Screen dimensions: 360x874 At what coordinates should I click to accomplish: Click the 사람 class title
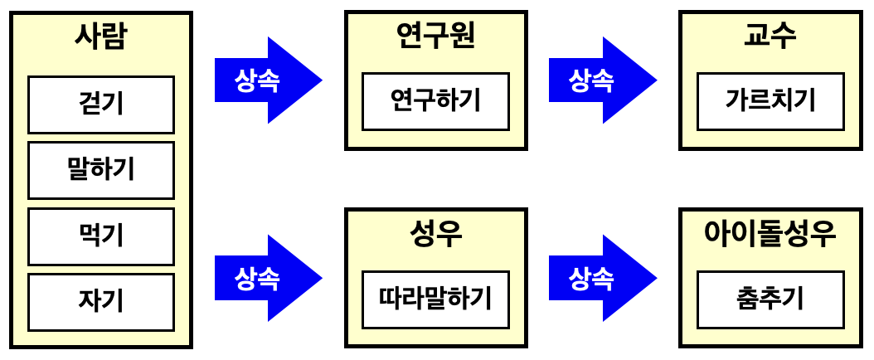[x=100, y=36]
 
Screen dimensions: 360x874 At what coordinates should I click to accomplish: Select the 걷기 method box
[x=101, y=105]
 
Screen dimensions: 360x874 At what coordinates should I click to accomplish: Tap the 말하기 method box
[x=101, y=170]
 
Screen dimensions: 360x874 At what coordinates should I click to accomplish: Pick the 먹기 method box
[x=101, y=236]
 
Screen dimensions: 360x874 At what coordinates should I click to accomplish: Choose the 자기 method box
[x=101, y=302]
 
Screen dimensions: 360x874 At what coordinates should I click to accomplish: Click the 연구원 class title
[x=435, y=36]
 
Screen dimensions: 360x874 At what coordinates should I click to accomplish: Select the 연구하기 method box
[x=435, y=101]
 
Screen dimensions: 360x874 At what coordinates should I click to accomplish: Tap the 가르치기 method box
[x=770, y=101]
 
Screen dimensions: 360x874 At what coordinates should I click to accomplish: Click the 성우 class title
[x=435, y=234]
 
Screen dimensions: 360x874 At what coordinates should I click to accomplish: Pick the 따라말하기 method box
[x=435, y=299]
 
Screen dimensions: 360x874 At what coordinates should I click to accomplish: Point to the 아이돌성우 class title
[x=770, y=234]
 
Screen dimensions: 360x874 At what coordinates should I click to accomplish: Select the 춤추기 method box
[x=770, y=299]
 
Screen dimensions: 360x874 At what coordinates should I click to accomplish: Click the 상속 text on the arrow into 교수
[x=591, y=80]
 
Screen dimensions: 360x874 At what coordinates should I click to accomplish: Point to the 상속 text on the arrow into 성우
[x=257, y=278]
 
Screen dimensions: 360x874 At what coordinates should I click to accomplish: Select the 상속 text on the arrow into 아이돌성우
[x=591, y=278]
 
